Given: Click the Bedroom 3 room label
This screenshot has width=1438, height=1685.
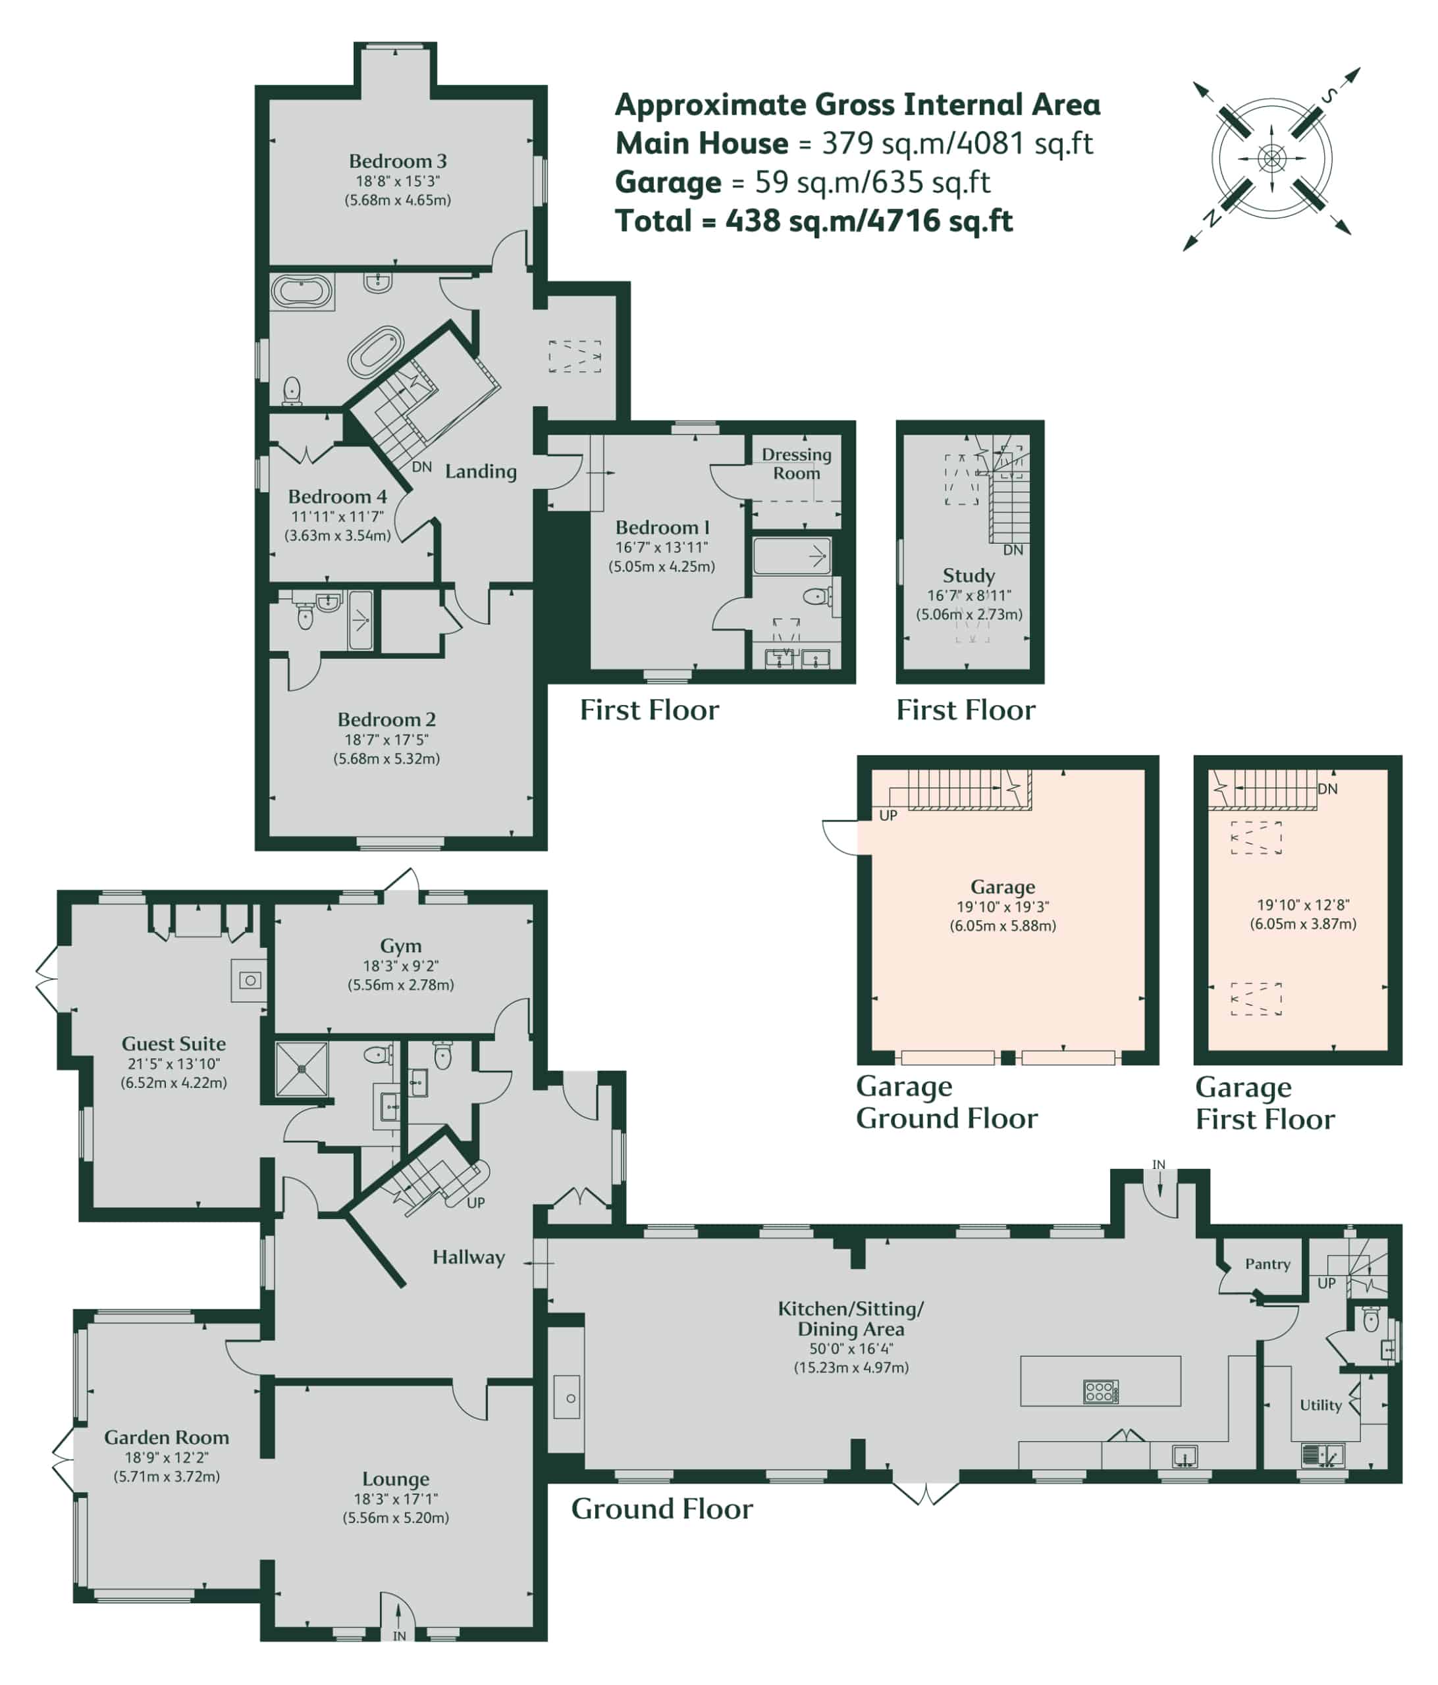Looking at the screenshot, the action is (397, 161).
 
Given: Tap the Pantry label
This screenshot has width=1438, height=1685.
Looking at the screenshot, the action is (1267, 1264).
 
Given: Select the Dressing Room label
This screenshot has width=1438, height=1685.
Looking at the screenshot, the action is (795, 463).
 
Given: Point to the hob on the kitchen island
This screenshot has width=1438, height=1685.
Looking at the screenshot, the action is (1100, 1391).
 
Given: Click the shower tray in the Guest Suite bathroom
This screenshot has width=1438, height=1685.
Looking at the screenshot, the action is (302, 1068).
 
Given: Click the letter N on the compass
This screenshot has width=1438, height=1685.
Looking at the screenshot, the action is (1212, 217).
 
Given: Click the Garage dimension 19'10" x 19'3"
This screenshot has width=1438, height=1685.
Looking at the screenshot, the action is (1002, 907).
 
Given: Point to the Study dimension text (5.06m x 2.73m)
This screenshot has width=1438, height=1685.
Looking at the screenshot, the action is (969, 614).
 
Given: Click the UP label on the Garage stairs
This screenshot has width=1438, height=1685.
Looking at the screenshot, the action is (888, 815).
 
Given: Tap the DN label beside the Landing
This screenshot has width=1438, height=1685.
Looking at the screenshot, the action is (421, 467).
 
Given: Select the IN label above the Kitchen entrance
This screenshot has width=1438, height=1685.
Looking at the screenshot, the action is (1158, 1164).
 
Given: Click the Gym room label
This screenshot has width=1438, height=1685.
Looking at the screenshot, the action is (401, 946).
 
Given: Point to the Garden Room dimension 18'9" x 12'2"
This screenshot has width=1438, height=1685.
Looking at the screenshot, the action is (166, 1458).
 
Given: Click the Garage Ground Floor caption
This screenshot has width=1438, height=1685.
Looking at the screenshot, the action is (946, 1102).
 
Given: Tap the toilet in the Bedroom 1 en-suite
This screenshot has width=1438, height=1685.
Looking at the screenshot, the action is (816, 597).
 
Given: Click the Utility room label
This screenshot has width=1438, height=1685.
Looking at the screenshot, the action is (1320, 1405).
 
